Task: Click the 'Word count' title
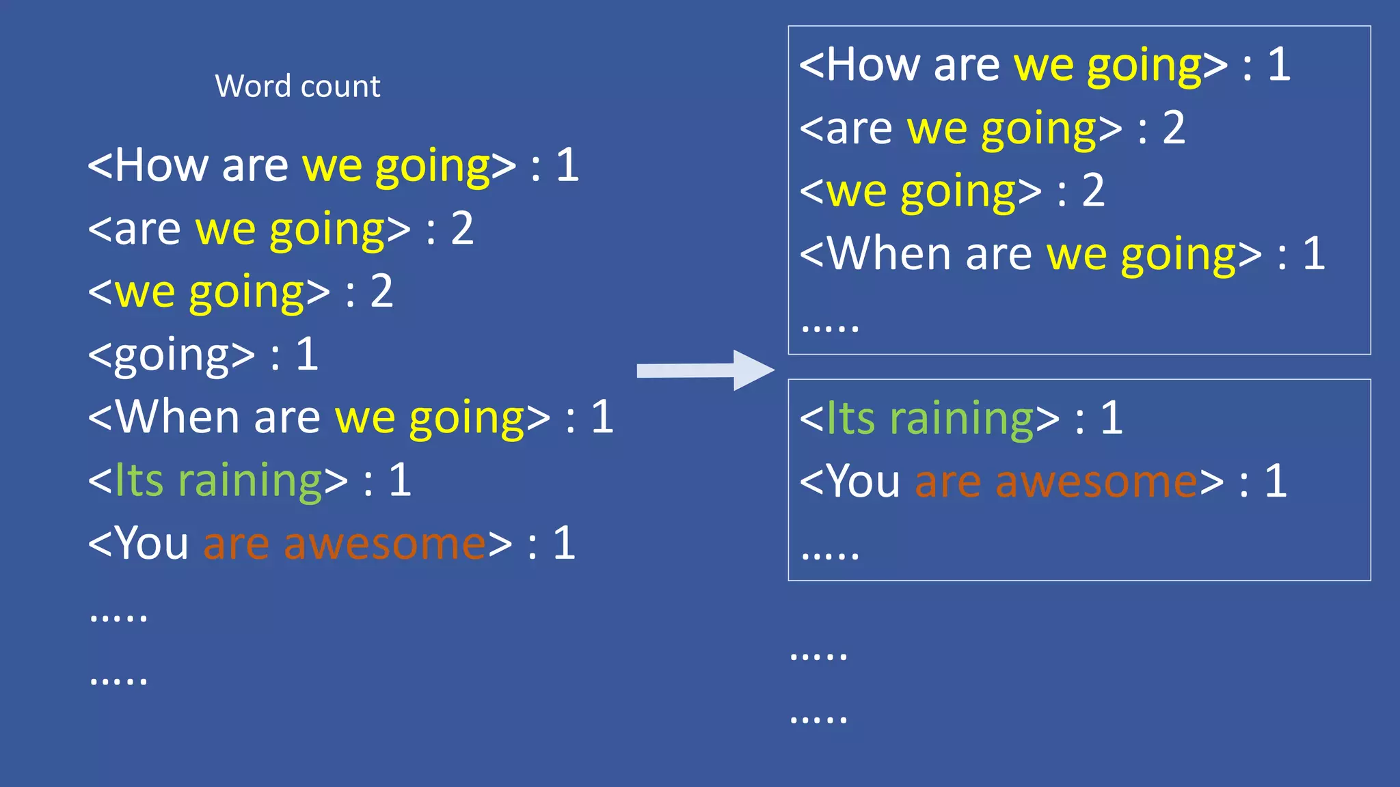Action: (x=297, y=87)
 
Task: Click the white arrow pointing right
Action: (x=704, y=370)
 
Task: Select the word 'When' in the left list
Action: (x=177, y=417)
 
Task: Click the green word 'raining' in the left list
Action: (x=250, y=481)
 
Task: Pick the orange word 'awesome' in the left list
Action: (x=385, y=544)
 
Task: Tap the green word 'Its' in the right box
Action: (x=850, y=419)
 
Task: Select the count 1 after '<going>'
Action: (x=307, y=355)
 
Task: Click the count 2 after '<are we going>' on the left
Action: (x=462, y=229)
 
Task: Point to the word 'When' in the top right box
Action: (x=889, y=254)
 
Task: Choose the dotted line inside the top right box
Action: (x=829, y=329)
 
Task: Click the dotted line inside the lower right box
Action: (x=829, y=555)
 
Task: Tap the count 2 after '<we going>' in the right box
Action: (x=1093, y=191)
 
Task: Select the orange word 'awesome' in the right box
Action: (x=1096, y=482)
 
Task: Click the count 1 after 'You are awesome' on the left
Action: (x=564, y=544)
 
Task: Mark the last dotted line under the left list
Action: (x=118, y=680)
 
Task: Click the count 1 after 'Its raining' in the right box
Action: (x=1112, y=419)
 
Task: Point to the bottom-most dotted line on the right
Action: (x=818, y=719)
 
